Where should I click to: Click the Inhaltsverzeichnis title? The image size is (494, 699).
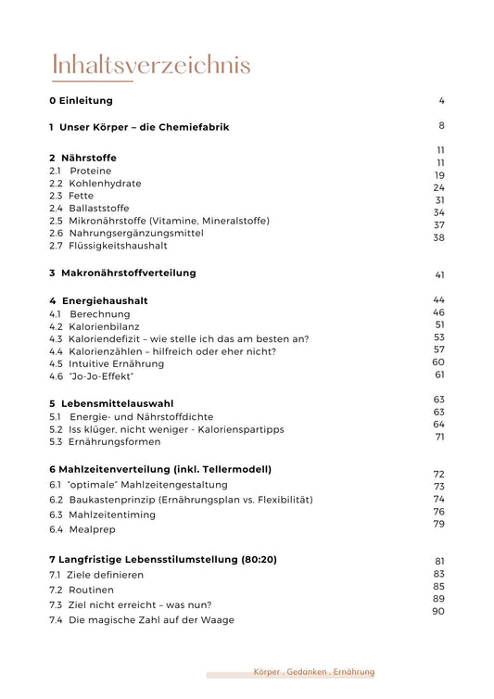(151, 66)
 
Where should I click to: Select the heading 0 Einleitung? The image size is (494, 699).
(82, 100)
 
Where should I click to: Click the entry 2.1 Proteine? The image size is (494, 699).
(80, 171)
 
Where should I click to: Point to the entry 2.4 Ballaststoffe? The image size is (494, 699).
(89, 209)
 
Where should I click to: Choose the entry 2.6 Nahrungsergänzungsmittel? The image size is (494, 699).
(126, 233)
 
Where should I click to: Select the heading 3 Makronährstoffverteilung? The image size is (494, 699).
(122, 273)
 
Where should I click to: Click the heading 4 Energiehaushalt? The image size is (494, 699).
(98, 300)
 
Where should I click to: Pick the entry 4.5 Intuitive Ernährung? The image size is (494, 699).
(106, 363)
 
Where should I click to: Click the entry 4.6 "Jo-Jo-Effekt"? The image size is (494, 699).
(92, 376)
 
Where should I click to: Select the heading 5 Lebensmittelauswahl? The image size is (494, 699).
(110, 403)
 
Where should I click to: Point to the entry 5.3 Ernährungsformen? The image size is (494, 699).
(102, 441)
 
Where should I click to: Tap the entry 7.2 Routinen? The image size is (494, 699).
(82, 590)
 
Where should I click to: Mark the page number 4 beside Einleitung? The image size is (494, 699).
(442, 100)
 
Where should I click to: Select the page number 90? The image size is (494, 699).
(439, 611)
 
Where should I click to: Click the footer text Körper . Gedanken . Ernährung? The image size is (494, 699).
(313, 671)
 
